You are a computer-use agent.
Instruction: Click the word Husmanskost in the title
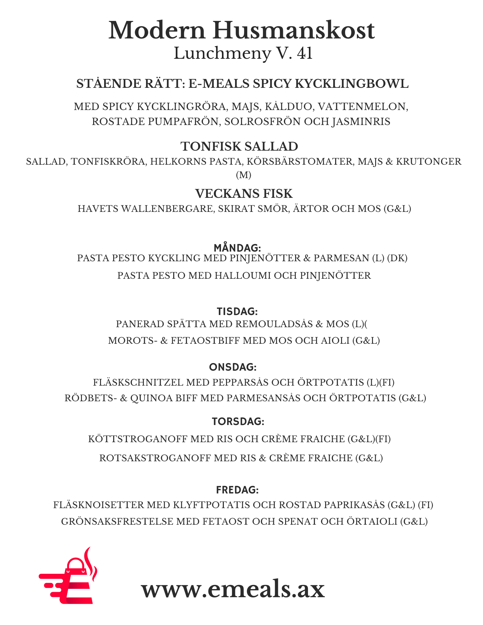[x=294, y=31]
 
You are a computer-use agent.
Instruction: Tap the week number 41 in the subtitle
[x=305, y=53]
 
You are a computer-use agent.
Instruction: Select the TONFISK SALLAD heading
[x=239, y=147]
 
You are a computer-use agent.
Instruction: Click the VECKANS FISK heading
[x=244, y=194]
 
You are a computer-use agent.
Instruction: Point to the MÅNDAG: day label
[x=237, y=248]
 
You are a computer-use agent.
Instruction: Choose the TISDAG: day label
[x=237, y=312]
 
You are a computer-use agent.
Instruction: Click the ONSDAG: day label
[x=233, y=367]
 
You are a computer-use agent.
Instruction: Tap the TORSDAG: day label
[x=238, y=422]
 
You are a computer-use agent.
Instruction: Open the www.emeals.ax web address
[x=233, y=589]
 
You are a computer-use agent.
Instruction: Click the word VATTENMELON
[x=363, y=107]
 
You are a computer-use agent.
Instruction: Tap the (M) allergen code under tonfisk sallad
[x=244, y=175]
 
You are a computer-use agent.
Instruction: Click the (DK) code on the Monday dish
[x=397, y=258]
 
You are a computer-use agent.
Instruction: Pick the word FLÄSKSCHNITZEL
[x=138, y=382]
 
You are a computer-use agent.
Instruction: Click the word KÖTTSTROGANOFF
[x=138, y=439]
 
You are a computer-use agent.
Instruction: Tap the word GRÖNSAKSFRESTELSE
[x=117, y=522]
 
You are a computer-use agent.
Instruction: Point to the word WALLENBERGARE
[x=168, y=208]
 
